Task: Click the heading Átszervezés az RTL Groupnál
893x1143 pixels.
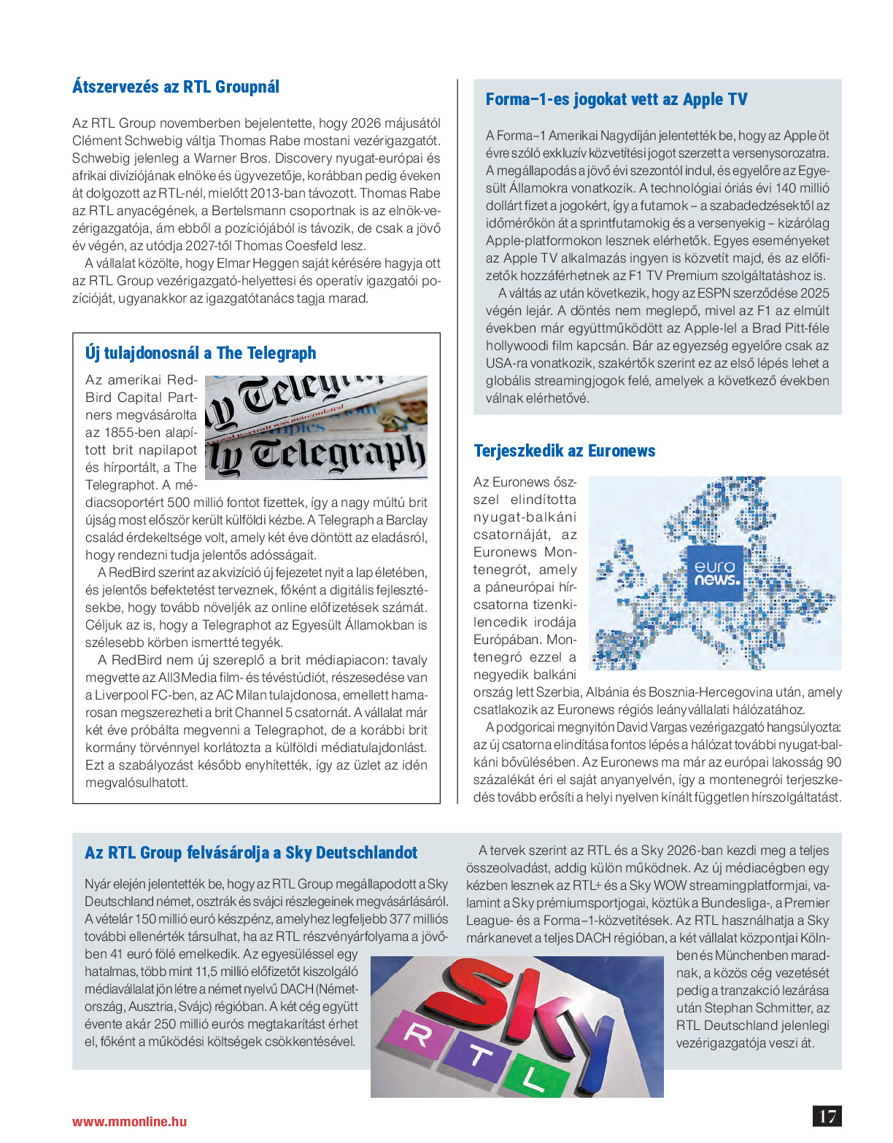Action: (176, 87)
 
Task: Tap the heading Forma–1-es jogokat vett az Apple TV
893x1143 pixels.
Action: (616, 99)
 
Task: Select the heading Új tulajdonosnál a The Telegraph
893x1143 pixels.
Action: (201, 353)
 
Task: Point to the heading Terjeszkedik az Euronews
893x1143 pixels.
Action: (564, 451)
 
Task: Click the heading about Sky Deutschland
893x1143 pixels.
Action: (251, 853)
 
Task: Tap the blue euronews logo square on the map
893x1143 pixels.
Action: (715, 573)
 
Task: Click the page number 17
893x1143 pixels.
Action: (827, 1116)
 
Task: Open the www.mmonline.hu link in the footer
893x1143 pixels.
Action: (129, 1122)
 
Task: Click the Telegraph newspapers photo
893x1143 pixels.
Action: (316, 427)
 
